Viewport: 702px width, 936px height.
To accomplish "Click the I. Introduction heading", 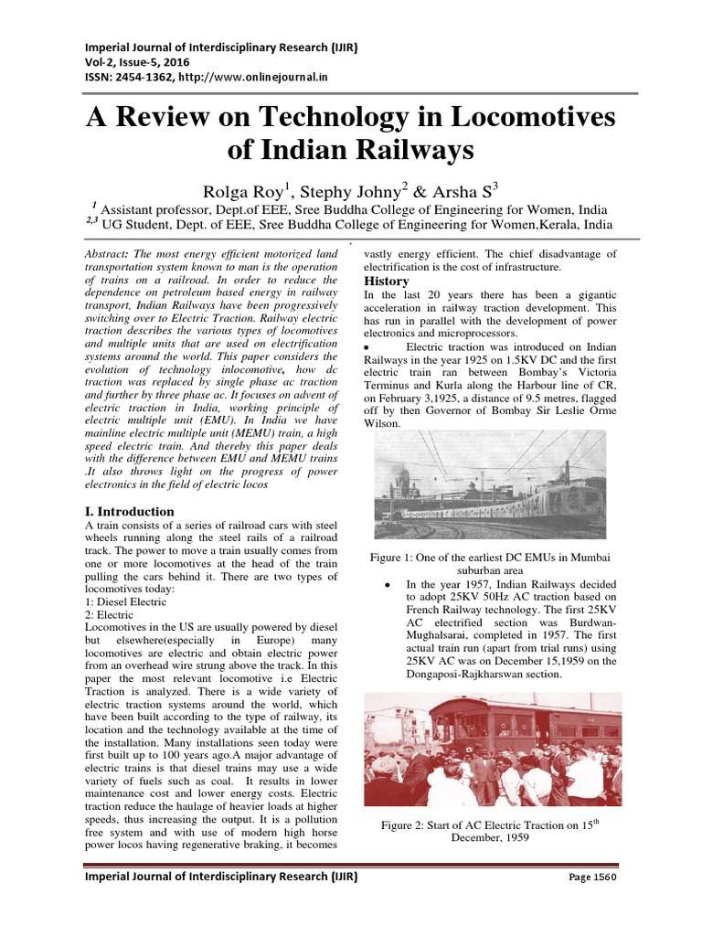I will [136, 512].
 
